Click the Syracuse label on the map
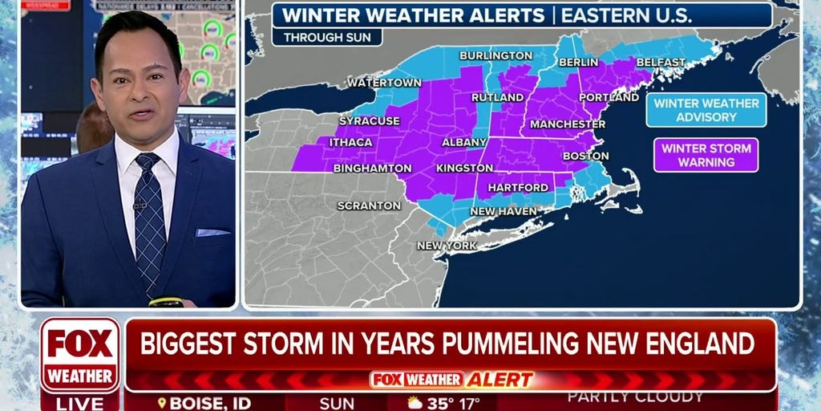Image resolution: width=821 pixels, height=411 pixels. coord(369,121)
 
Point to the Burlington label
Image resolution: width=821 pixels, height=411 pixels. coord(495,55)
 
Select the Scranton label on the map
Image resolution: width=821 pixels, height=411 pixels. coord(369,205)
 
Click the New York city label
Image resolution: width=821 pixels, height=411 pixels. coord(447,246)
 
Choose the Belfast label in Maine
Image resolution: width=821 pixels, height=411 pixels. coord(661,63)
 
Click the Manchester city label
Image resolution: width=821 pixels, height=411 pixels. coord(568,124)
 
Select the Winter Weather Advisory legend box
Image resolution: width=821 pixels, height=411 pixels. coord(706,110)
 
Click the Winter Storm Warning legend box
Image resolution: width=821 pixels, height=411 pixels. coord(706,155)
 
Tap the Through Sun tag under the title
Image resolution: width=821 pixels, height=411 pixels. coord(326,37)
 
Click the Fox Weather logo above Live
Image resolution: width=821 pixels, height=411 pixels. coord(79,354)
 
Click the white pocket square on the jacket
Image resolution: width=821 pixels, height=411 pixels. coord(212,232)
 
